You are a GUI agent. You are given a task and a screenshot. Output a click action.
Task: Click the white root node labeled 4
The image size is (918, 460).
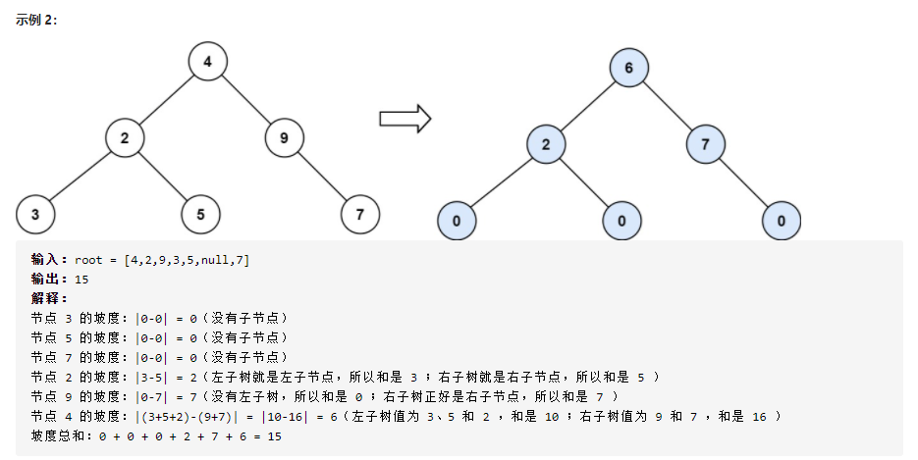[x=207, y=62]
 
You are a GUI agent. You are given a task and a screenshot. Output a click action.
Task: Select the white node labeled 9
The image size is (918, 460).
[x=284, y=138]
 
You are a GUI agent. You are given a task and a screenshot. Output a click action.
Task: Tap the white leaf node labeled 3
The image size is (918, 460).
[x=35, y=214]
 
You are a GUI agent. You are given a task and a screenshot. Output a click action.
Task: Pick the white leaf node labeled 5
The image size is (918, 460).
[x=200, y=214]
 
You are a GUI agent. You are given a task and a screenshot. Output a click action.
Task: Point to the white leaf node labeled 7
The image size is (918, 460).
[x=360, y=214]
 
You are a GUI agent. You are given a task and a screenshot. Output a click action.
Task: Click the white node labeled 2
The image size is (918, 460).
[x=125, y=138]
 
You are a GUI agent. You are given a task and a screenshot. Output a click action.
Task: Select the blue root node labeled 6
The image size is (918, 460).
[x=628, y=69]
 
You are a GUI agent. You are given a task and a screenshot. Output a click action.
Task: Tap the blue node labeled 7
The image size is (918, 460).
[x=705, y=145]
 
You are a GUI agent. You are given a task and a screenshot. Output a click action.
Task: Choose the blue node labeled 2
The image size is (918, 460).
[x=546, y=145]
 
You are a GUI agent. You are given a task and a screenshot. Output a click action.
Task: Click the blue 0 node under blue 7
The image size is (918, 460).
[x=782, y=220]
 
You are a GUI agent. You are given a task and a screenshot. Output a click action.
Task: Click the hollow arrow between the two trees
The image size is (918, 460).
[x=405, y=119]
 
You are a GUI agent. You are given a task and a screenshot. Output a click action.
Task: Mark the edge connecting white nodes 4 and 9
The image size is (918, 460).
[x=245, y=100]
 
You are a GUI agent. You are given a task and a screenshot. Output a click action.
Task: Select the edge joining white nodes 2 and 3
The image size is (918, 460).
[x=80, y=177]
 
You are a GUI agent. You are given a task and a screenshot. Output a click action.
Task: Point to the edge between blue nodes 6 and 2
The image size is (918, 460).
[x=587, y=107]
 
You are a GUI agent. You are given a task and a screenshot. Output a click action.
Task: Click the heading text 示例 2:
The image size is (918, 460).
[x=36, y=21]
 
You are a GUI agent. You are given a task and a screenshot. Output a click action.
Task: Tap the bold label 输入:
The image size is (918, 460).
[x=49, y=260]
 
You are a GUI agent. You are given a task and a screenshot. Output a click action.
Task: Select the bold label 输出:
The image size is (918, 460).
[x=49, y=280]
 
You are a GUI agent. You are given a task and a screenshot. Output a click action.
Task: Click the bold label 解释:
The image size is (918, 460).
[x=49, y=299]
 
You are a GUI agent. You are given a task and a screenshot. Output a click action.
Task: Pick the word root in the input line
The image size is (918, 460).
[x=89, y=260]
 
